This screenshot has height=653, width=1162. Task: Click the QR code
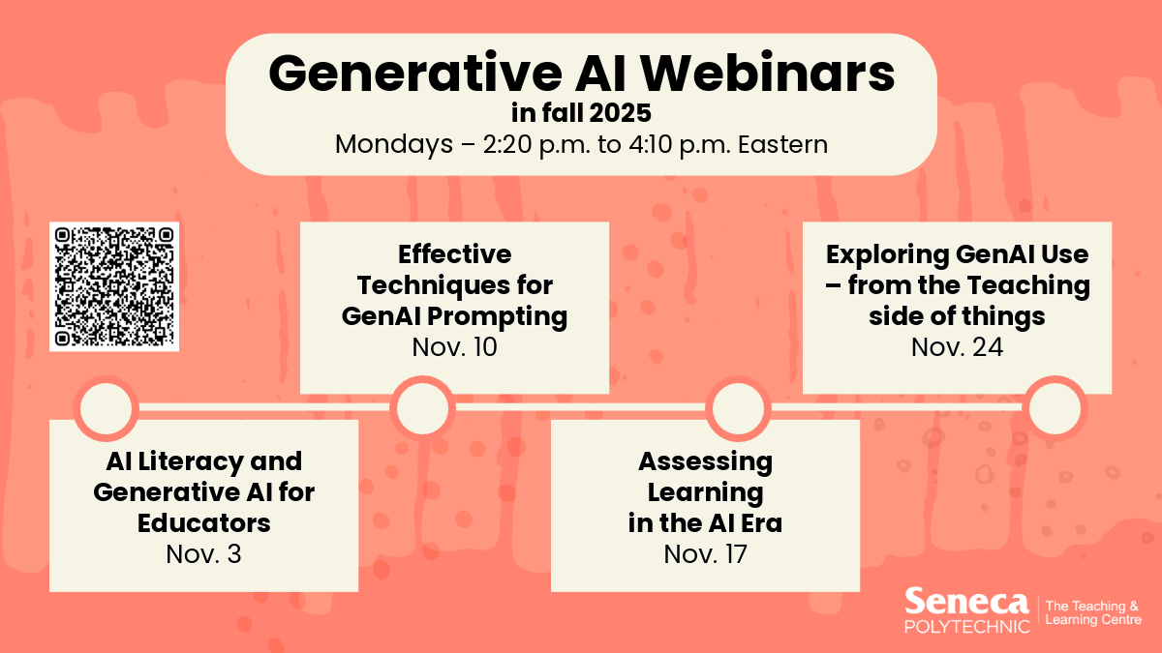click(114, 286)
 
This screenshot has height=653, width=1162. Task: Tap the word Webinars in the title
click(768, 74)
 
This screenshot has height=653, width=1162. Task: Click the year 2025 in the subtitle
click(620, 113)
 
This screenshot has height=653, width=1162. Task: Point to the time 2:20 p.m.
click(536, 144)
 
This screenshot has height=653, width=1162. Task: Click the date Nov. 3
click(204, 554)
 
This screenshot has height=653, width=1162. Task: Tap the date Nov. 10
click(454, 346)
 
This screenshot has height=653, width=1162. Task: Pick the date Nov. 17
click(706, 554)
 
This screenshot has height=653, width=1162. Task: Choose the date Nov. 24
click(957, 346)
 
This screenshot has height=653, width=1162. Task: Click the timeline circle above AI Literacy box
click(107, 408)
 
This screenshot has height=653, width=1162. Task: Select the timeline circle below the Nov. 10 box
click(422, 408)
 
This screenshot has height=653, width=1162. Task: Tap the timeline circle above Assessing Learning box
click(738, 408)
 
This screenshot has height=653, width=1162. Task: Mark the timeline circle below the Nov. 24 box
click(1055, 408)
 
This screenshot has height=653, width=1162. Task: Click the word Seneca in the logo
click(967, 602)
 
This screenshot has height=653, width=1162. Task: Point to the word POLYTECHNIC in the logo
click(967, 627)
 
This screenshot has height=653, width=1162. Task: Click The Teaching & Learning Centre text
click(1093, 613)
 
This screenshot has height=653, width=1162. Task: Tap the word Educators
click(204, 523)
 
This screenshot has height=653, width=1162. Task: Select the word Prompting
click(497, 317)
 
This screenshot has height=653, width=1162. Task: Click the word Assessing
click(706, 462)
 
